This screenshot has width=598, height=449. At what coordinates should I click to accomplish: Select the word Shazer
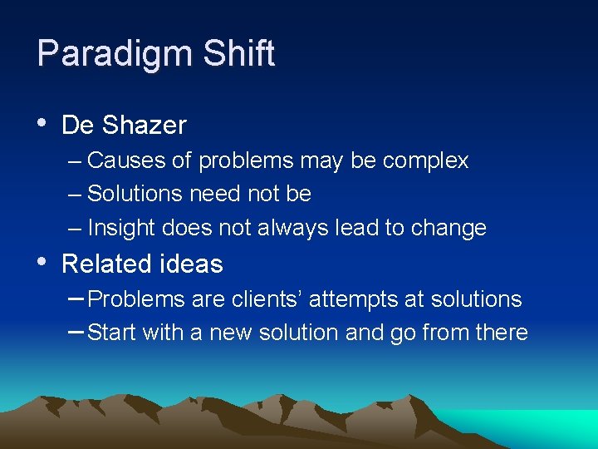pos(145,126)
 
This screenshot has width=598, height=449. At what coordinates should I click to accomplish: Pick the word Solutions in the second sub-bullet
pos(135,194)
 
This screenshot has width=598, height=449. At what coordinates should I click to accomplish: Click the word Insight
pos(121,228)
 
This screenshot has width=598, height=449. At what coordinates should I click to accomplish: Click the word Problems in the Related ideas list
pos(136,299)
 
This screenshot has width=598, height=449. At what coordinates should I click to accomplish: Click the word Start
pos(112,333)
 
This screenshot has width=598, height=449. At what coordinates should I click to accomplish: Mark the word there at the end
pos(501,333)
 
